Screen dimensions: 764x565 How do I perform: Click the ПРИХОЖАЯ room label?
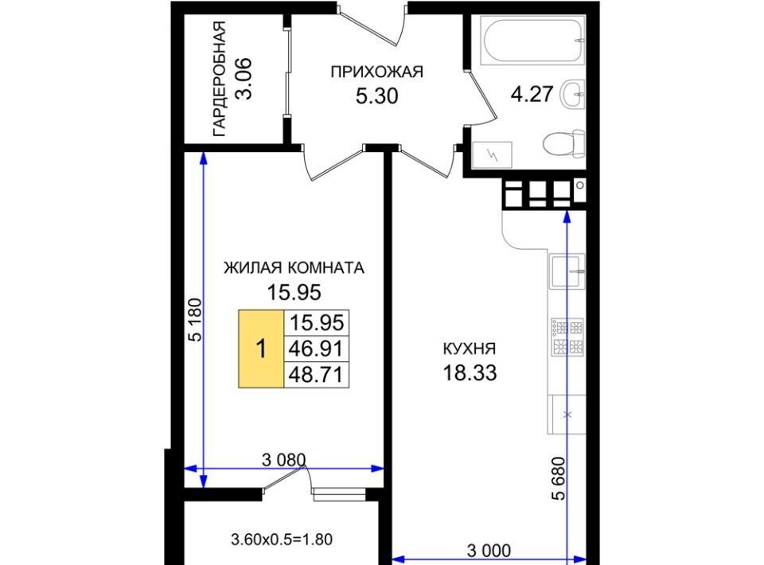[x=376, y=72]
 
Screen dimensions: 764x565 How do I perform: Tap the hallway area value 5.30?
[x=376, y=96]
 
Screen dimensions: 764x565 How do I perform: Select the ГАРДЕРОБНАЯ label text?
[x=220, y=79]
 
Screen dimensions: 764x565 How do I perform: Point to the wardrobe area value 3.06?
[x=244, y=79]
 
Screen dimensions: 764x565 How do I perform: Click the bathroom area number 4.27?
[x=532, y=94]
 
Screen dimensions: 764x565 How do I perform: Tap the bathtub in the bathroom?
[x=532, y=41]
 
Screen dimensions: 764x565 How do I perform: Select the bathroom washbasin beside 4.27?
[x=572, y=94]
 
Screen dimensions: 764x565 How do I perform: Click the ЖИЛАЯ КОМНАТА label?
[x=294, y=268]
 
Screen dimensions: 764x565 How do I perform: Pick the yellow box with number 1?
[x=261, y=349]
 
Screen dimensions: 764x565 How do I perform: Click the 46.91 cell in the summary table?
[x=316, y=349]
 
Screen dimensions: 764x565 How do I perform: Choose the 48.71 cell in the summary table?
[x=316, y=375]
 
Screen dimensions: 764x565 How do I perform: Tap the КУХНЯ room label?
[x=470, y=349]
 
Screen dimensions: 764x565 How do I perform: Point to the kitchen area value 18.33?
[x=470, y=372]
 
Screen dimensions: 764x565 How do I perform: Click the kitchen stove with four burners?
[x=567, y=337]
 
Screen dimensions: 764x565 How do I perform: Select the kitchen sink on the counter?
[x=567, y=271]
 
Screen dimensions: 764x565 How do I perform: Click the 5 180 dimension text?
[x=196, y=320]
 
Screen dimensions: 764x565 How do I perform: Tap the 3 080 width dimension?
[x=283, y=460]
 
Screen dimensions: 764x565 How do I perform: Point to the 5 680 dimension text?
[x=559, y=478]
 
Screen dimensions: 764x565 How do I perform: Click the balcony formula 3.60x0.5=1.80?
[x=282, y=540]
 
